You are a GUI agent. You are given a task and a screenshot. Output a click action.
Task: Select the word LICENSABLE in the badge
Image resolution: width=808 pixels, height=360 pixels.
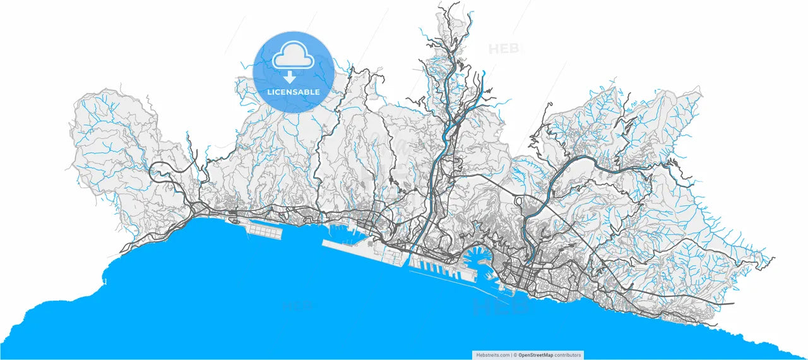click(x=293, y=92)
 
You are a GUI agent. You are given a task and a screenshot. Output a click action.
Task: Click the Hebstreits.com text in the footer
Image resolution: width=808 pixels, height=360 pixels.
click(x=492, y=355)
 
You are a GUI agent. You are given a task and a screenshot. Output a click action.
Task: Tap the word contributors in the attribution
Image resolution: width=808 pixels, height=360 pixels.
click(x=568, y=355)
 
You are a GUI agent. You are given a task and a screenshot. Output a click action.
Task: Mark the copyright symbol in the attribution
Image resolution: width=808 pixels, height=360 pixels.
click(x=515, y=355)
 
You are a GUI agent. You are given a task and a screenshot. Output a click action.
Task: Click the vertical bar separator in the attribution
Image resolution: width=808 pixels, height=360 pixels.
click(x=511, y=355)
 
